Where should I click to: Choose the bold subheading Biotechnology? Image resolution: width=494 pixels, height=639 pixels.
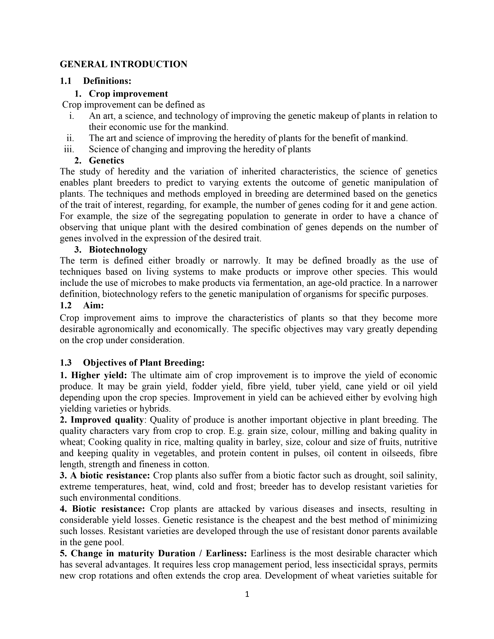click(118, 250)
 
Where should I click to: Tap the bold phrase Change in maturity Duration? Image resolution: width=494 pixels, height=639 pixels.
click(133, 554)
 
